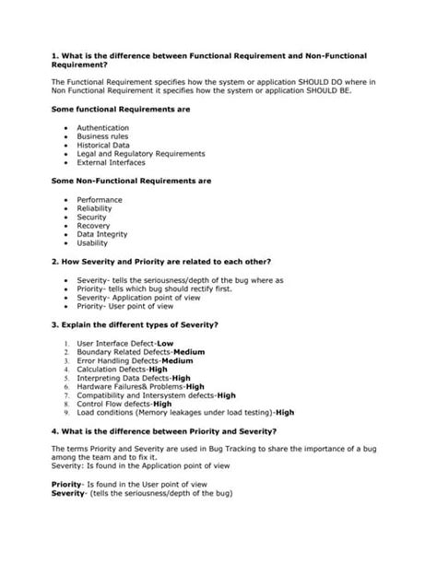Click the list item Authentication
[x=102, y=127]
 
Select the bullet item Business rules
[x=103, y=136]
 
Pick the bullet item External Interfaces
[x=112, y=162]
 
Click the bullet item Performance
[x=100, y=199]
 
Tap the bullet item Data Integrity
[x=102, y=234]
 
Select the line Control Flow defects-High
[x=124, y=404]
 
